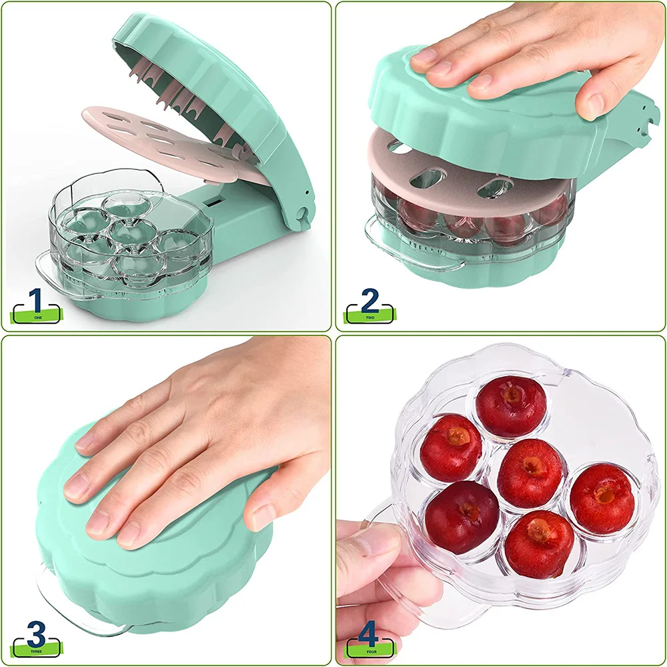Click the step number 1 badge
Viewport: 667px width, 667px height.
[37, 305]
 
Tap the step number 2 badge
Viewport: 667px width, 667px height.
[370, 306]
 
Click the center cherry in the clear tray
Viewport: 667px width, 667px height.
[531, 473]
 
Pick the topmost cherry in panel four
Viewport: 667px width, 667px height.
[511, 407]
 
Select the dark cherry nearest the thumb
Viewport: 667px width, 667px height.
[462, 516]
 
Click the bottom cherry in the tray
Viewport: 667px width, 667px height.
[539, 543]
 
